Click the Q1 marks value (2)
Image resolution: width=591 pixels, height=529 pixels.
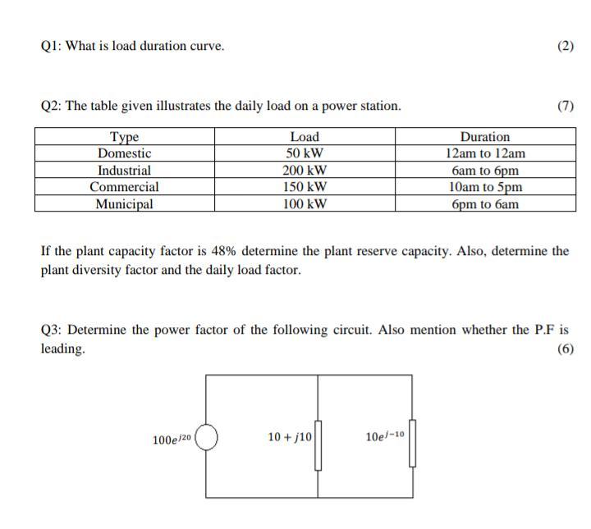click(x=565, y=46)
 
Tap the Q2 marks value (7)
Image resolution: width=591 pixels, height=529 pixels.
click(x=565, y=106)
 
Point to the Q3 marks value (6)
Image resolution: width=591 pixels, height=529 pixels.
click(x=565, y=349)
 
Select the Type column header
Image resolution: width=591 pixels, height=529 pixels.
click(x=124, y=137)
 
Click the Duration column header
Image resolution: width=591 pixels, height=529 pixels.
click(x=484, y=137)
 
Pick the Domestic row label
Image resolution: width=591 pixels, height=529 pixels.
click(x=124, y=153)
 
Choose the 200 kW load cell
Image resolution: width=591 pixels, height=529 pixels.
click(x=305, y=171)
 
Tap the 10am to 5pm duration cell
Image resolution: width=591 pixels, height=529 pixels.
click(x=484, y=187)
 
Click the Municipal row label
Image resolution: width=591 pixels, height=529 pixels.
click(x=124, y=204)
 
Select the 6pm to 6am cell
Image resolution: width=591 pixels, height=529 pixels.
click(x=484, y=204)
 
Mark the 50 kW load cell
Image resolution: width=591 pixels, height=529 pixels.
click(x=305, y=153)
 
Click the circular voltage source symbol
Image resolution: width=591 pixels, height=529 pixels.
click(x=206, y=438)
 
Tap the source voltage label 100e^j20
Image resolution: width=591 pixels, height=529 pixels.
click(x=172, y=440)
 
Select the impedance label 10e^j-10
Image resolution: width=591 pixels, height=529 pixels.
click(x=385, y=436)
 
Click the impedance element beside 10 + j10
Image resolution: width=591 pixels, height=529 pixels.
click(x=318, y=445)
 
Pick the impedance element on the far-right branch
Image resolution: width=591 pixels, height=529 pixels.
click(x=413, y=443)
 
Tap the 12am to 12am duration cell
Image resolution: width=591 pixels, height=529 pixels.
click(x=484, y=153)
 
